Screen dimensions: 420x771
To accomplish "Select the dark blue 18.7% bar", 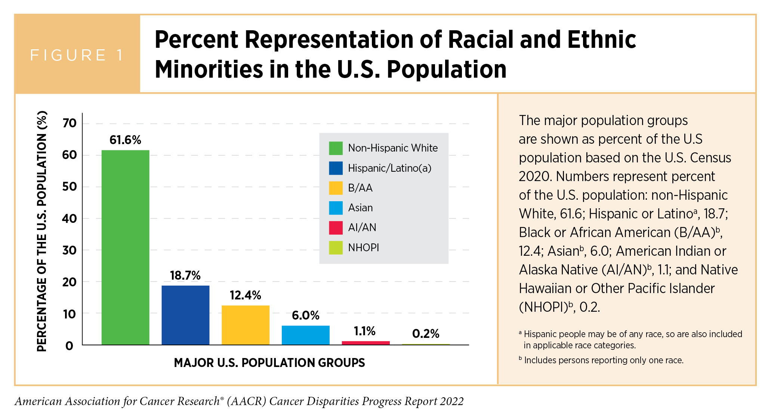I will point(185,315).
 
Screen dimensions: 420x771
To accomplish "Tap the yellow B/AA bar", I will point(246,325).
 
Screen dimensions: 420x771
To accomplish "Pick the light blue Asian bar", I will point(306,335).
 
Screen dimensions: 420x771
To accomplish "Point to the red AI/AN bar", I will point(366,343).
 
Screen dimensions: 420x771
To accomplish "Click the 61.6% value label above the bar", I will point(125,140).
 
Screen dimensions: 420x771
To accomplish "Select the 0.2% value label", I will point(426,333).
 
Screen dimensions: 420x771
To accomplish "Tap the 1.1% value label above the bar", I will point(365,331).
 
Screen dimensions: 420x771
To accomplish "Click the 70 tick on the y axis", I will point(70,123).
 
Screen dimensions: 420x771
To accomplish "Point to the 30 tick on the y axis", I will point(70,250).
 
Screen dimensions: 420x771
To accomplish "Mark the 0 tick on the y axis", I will point(70,346).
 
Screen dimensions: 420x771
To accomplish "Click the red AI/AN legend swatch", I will point(336,228).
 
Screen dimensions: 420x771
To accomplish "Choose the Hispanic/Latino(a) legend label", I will point(389,168).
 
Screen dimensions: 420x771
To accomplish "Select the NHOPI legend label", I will point(363,248).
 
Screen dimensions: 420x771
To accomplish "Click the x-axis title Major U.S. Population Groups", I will point(269,363).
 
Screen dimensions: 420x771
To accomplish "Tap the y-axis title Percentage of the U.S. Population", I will point(42,231).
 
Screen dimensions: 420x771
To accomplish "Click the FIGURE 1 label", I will point(77,55).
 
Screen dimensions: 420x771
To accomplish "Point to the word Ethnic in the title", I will point(601,40).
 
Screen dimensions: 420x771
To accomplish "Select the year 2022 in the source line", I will point(451,401).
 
